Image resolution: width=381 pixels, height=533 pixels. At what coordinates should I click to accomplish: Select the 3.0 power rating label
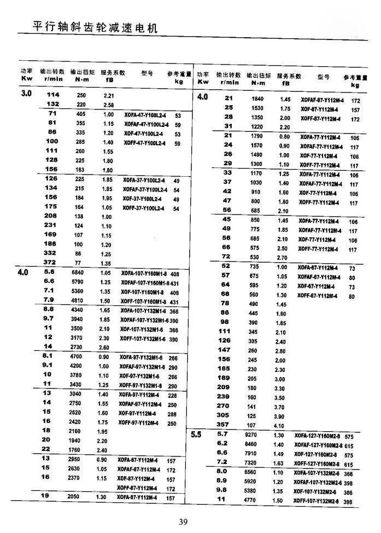[x=26, y=94]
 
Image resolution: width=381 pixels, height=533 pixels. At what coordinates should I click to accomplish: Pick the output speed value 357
[x=224, y=425]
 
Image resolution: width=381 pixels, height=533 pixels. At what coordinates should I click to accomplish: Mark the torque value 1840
[x=257, y=99]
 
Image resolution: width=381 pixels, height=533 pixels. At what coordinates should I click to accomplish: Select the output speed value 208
[x=51, y=217]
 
